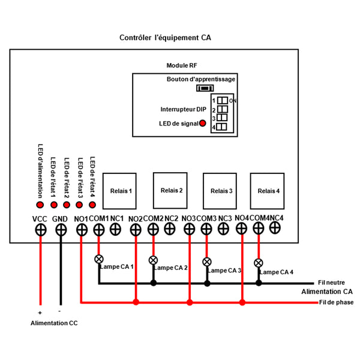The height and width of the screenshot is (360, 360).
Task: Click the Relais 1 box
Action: [x=121, y=191]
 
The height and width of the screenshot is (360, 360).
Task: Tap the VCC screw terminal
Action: [x=40, y=229]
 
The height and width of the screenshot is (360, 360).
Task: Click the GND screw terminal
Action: [x=61, y=229]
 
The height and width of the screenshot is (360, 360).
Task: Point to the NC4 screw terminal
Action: [x=275, y=227]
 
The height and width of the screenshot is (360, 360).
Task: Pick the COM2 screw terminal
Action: [x=153, y=229]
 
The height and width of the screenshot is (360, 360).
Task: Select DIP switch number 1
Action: [x=223, y=100]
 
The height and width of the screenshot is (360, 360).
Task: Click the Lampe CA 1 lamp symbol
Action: [x=100, y=259]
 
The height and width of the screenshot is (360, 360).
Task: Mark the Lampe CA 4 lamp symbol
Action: [x=259, y=263]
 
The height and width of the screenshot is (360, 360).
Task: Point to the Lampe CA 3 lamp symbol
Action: [x=207, y=262]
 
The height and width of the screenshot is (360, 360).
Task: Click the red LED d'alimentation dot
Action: [x=41, y=205]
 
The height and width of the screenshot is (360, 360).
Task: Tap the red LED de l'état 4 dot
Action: [x=93, y=205]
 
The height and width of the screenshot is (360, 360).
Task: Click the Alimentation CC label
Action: [x=54, y=323]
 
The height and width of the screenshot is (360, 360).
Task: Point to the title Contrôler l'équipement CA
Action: [x=166, y=37]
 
